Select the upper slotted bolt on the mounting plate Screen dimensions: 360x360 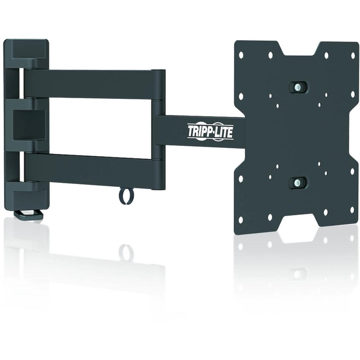click(x=298, y=87)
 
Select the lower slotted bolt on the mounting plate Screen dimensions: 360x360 click(x=298, y=182)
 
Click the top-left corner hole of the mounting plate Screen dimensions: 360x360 click(x=241, y=55)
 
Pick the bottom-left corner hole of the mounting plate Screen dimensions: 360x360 click(x=241, y=220)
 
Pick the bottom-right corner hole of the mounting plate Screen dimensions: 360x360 click(x=352, y=209)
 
